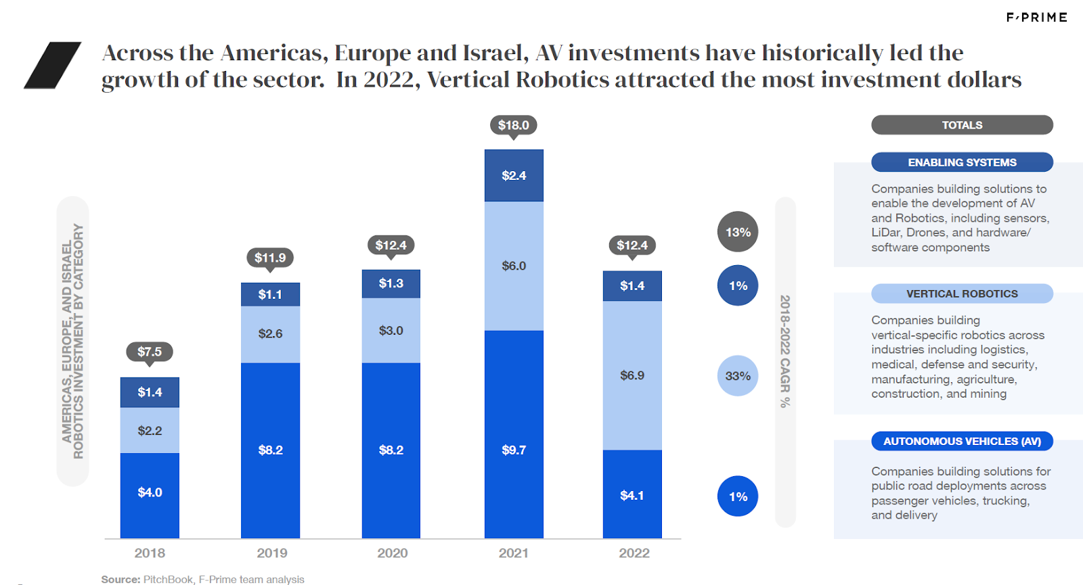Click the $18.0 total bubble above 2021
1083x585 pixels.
coord(513,125)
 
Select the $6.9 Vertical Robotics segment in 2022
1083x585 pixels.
coord(632,375)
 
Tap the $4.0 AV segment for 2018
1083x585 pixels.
coord(150,492)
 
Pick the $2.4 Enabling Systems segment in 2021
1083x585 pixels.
coord(514,176)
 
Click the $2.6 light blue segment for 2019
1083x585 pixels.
coord(270,333)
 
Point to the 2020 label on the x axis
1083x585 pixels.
coord(393,553)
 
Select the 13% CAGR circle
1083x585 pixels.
coord(738,232)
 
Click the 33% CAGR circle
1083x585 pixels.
coord(738,376)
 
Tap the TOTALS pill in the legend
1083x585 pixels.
coord(962,125)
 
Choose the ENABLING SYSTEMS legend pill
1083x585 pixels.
coord(962,162)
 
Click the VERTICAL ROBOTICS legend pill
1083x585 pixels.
coord(962,294)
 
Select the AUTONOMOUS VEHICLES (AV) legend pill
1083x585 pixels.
coord(962,441)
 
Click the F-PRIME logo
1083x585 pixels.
coord(1036,18)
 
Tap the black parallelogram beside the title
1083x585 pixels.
coord(52,66)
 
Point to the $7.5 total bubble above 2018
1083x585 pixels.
coord(150,352)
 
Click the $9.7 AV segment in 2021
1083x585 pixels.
coord(514,450)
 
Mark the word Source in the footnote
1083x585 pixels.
coord(120,580)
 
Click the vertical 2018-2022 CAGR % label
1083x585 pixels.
coord(785,351)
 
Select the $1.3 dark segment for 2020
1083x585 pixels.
coord(391,283)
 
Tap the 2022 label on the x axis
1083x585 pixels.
coord(634,553)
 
